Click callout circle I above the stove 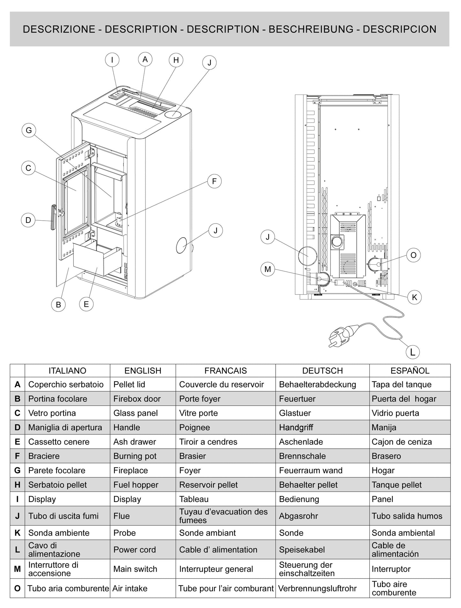coord(112,60)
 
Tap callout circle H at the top coord(176,60)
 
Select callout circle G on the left coord(29,131)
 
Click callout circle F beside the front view coord(214,181)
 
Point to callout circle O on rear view coord(413,255)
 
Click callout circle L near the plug coord(413,352)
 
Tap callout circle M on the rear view coord(267,269)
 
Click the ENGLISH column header coord(143,371)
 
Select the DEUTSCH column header coord(322,371)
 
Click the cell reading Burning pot coord(135,456)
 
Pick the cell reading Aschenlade coord(301,442)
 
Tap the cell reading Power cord coord(135,550)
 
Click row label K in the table coord(17,533)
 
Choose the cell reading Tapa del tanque coord(401,384)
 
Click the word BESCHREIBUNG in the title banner coord(311,29)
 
